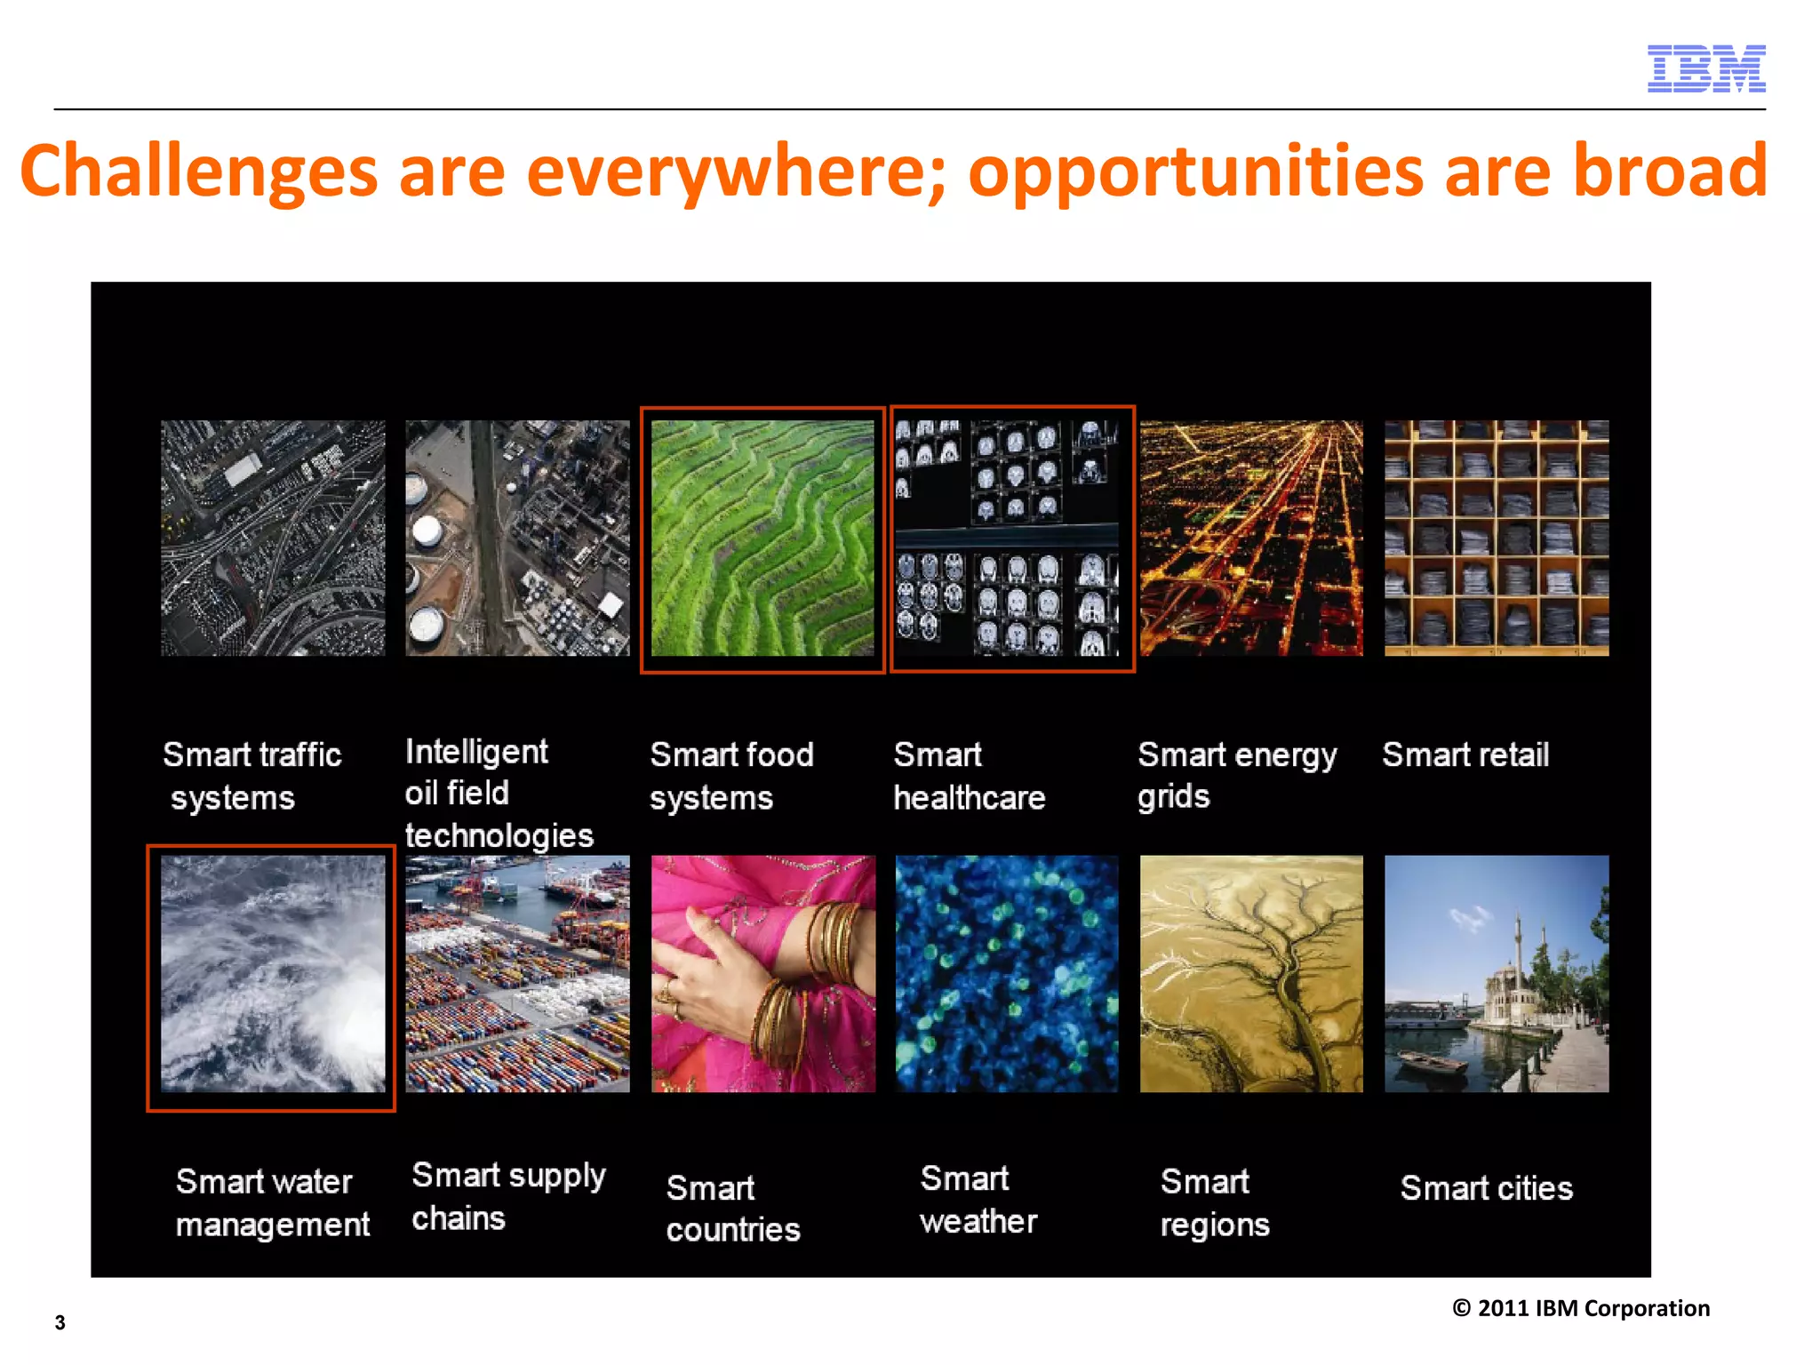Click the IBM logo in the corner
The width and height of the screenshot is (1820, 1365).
point(1705,68)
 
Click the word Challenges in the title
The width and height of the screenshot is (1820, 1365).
point(199,171)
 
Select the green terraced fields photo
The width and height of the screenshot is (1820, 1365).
point(762,539)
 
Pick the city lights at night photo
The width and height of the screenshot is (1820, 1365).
point(1250,539)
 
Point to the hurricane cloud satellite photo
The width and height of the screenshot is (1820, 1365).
point(273,974)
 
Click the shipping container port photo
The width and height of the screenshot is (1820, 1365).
point(517,974)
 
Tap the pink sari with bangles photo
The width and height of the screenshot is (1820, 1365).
point(762,974)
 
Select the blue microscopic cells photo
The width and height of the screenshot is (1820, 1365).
point(1007,974)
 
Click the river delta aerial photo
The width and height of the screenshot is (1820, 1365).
point(1250,974)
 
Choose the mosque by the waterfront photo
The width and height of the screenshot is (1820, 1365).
point(1496,974)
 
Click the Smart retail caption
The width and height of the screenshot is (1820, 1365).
point(1465,755)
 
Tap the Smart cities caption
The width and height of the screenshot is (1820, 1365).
point(1486,1188)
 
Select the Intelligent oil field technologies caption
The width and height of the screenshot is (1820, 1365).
point(499,793)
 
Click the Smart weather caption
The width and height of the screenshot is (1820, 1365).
point(978,1200)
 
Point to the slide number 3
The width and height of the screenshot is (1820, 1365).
point(60,1322)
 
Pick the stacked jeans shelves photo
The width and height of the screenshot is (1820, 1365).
point(1496,539)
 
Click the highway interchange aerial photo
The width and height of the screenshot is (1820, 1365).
point(273,539)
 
